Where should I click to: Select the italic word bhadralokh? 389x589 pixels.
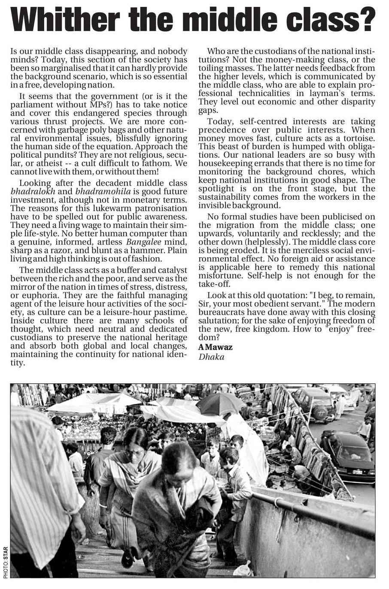[33, 192]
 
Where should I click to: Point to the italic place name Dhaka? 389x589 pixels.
[211, 357]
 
